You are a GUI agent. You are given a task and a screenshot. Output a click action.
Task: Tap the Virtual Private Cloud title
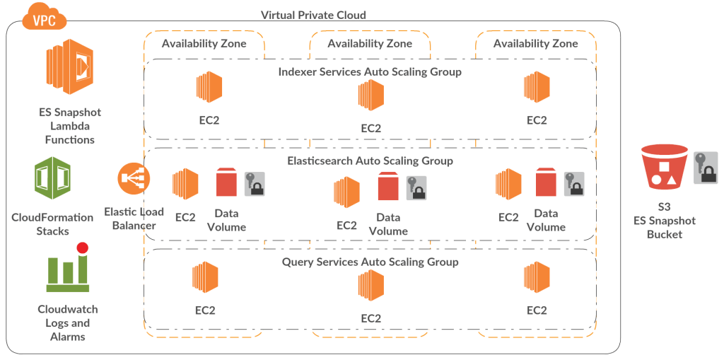(x=314, y=15)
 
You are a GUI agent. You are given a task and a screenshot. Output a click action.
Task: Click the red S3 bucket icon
(x=663, y=167)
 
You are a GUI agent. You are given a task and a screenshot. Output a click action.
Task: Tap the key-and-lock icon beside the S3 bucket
(x=705, y=168)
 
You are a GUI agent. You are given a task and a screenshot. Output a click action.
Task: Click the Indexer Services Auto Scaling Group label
(x=370, y=71)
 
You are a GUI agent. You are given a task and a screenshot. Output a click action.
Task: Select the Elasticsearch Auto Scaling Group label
(x=370, y=161)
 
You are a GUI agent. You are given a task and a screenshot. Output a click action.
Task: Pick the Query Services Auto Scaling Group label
(x=370, y=262)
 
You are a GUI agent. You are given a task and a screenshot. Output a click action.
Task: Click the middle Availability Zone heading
(x=370, y=43)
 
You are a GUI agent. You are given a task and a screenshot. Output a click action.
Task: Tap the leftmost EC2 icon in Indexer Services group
(x=209, y=88)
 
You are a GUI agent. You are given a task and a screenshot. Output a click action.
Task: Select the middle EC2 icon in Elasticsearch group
(x=347, y=192)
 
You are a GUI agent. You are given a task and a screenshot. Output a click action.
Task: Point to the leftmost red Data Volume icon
(x=227, y=182)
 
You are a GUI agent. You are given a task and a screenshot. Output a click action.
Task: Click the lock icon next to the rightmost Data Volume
(x=573, y=183)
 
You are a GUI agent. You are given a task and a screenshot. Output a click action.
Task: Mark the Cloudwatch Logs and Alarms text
(x=68, y=323)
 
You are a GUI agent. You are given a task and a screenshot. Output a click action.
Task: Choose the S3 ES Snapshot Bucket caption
(x=664, y=221)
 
